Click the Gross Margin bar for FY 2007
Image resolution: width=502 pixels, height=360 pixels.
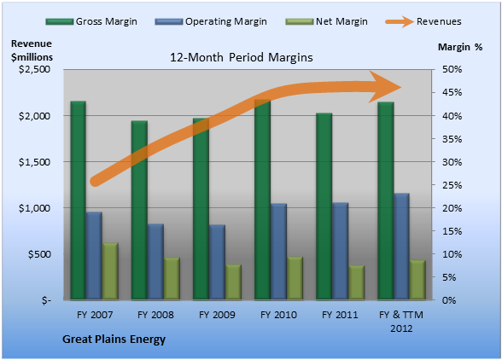tap(79, 200)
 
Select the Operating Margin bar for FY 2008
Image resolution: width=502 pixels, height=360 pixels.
tap(155, 262)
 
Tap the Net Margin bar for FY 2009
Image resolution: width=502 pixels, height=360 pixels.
tap(233, 282)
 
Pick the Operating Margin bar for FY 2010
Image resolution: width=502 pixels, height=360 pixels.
tap(278, 252)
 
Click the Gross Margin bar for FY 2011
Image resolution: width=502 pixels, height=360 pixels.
tap(324, 206)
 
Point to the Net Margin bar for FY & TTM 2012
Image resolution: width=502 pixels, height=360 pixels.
tap(417, 280)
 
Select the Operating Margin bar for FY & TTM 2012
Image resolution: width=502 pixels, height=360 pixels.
tap(401, 247)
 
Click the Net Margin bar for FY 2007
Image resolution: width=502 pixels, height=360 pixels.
tap(110, 271)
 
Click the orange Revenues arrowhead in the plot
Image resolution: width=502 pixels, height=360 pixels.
tap(385, 87)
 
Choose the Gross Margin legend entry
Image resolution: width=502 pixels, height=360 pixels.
tap(91, 21)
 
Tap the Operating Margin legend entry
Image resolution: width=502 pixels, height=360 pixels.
tap(211, 21)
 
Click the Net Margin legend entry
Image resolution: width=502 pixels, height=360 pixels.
tap(326, 21)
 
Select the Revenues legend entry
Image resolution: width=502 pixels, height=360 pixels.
tap(423, 21)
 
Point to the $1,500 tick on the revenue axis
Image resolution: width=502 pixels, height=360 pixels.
tap(34, 162)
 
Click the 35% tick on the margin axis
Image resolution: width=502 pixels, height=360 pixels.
tap(452, 139)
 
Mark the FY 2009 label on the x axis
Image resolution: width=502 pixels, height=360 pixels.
tap(217, 315)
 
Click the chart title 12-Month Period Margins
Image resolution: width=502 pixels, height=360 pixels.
tap(242, 57)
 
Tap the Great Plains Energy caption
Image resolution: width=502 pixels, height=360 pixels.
tap(114, 340)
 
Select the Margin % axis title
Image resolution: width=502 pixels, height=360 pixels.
tap(460, 47)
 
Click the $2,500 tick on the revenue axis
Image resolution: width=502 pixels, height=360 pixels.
tap(34, 69)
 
